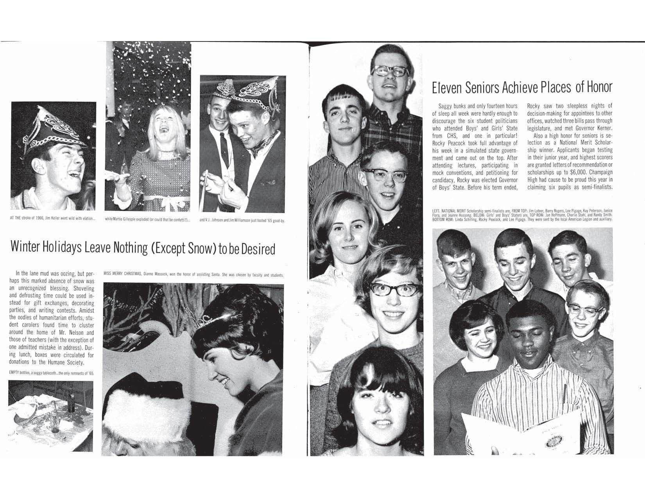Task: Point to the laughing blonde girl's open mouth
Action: point(165,129)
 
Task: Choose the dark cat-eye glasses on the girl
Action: point(394,290)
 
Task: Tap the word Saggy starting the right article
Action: point(446,106)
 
